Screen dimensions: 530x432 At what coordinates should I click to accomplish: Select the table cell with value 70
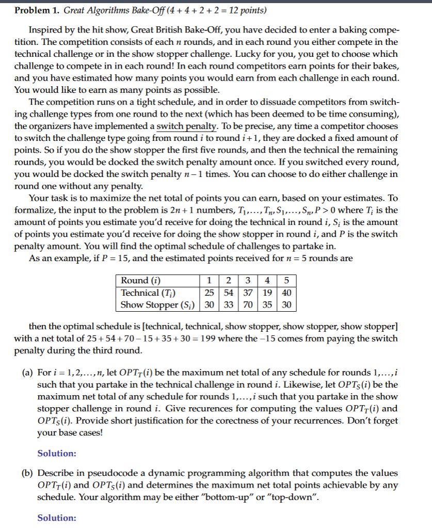(249, 304)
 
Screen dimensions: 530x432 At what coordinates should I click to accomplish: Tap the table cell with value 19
(268, 293)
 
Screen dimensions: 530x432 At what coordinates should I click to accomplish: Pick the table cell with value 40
(287, 293)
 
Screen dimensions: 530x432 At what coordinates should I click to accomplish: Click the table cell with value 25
(209, 293)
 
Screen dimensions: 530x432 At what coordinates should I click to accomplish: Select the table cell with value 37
(249, 293)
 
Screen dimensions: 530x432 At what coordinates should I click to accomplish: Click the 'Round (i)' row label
(140, 281)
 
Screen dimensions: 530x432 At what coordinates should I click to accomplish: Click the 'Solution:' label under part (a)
(57, 454)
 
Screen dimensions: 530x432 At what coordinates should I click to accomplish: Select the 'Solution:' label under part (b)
(57, 518)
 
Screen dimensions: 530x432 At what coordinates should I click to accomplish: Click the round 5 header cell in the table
(287, 281)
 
